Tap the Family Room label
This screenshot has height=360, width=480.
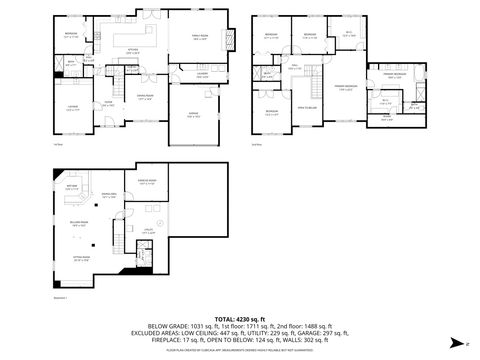point(199,39)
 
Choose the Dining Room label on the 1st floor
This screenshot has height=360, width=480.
point(145,98)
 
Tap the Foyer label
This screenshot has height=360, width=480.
point(108,103)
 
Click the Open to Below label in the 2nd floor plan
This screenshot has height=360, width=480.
point(307,106)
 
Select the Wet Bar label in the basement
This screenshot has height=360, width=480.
point(71,187)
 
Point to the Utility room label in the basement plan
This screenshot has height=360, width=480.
point(148,232)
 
